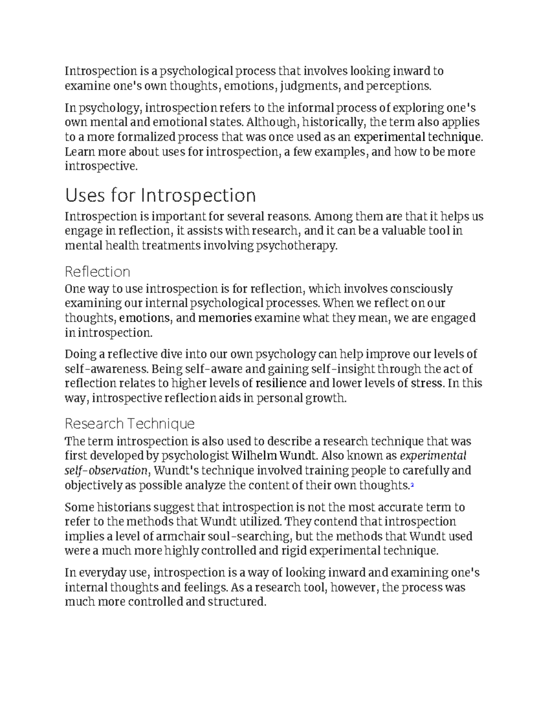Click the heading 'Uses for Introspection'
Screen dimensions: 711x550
(x=160, y=195)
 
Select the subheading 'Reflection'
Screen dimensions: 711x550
(x=97, y=271)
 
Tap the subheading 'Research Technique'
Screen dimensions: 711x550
(x=130, y=423)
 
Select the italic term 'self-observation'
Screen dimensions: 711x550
(x=106, y=471)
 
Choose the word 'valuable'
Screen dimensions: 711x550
(x=401, y=231)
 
